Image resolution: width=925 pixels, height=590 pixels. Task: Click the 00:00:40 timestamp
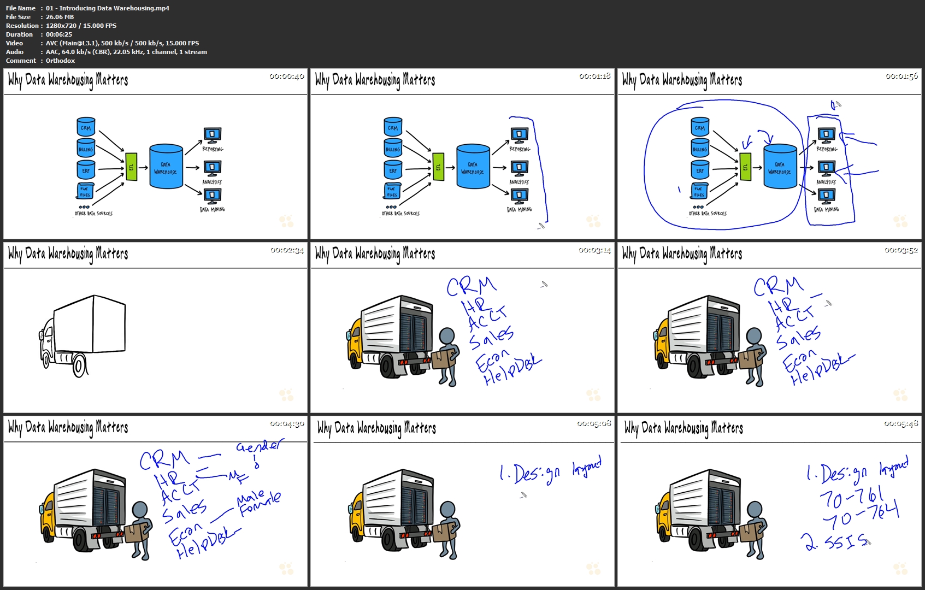[286, 76]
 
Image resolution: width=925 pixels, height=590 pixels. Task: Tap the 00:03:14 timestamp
[594, 250]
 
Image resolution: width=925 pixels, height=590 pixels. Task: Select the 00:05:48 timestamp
[901, 424]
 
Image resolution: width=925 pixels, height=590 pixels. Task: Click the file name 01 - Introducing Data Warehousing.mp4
[108, 8]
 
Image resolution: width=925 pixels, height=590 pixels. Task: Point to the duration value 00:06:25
[59, 34]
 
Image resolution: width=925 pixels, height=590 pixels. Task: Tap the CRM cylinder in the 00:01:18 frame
[393, 127]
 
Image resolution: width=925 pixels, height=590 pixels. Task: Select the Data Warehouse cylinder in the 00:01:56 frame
[780, 167]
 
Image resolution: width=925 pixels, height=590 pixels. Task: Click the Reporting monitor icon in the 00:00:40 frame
[212, 135]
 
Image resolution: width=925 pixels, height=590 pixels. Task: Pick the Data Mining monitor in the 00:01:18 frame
[519, 196]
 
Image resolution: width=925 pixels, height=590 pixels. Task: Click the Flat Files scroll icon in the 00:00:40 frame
[85, 191]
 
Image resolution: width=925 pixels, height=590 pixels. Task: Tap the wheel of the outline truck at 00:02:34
[80, 365]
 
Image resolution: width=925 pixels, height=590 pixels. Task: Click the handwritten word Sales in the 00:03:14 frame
[492, 338]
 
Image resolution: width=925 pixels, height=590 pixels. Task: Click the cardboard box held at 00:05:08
[444, 531]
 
